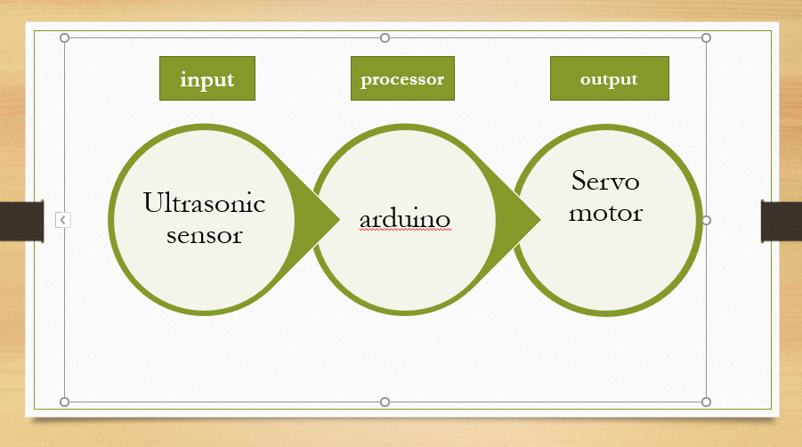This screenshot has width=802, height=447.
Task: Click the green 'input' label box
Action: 207,78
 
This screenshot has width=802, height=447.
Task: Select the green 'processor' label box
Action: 402,78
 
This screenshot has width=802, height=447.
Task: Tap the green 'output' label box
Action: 609,78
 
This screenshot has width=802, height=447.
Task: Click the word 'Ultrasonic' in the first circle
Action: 204,202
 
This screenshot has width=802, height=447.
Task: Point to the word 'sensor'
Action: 204,235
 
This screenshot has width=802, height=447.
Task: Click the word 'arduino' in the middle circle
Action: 405,219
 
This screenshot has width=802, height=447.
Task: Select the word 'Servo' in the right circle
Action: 605,181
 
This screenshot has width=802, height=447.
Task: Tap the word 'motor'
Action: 605,213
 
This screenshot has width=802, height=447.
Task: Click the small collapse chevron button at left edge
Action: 63,220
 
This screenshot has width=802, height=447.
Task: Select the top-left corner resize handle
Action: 64,38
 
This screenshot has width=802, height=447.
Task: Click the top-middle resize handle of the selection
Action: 385,38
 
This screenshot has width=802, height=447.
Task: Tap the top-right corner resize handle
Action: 707,38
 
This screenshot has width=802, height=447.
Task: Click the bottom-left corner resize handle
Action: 64,402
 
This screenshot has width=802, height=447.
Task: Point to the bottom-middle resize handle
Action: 385,402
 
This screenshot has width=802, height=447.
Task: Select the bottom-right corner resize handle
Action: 707,402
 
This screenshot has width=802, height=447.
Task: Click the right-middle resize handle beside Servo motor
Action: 707,221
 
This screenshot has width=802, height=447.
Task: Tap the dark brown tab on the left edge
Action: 22,221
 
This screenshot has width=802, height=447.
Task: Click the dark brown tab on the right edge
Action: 781,221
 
